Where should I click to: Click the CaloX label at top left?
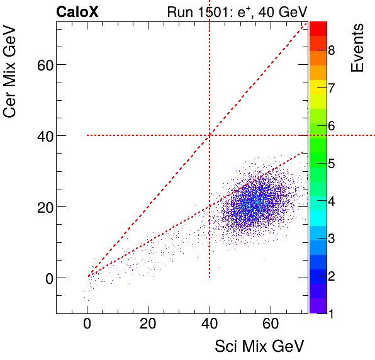coord(77,11)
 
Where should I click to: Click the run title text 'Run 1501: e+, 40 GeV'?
coord(237,11)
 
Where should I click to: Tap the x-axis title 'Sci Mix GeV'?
coord(260,346)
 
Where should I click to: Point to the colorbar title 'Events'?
coord(357,48)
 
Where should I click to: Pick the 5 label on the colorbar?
coord(331,164)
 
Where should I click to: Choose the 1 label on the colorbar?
coord(331,312)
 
